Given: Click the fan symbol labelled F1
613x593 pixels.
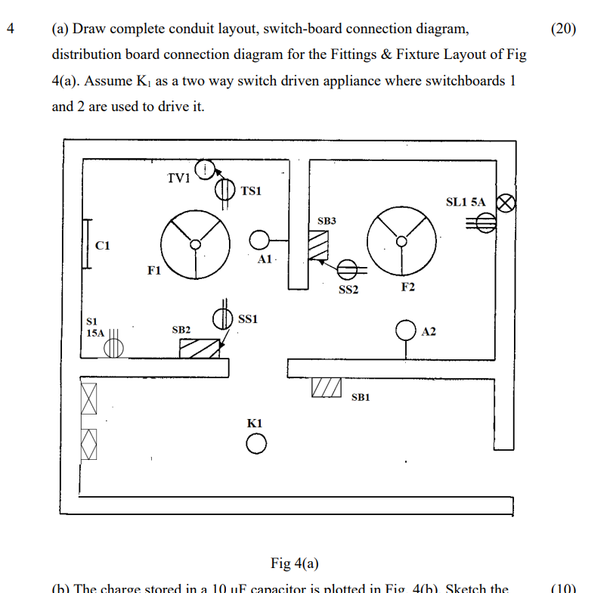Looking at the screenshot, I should click(195, 244).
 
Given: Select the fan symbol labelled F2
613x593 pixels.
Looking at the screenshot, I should click(401, 241).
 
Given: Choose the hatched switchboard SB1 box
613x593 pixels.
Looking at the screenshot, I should click(326, 387).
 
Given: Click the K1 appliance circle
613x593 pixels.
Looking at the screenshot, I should click(255, 445).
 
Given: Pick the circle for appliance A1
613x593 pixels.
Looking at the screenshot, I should click(259, 240).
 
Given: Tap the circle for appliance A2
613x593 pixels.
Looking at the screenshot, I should click(407, 331).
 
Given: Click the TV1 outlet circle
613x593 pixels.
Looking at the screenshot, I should click(204, 169).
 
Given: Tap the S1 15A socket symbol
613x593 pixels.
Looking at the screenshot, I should click(113, 346).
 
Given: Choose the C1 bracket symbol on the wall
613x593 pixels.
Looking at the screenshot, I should click(88, 244).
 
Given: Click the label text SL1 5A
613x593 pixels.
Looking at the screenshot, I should click(466, 202).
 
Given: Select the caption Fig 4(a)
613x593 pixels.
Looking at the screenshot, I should click(295, 564).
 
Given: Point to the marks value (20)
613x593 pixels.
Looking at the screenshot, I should click(563, 29).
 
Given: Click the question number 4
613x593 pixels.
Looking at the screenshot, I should click(10, 29).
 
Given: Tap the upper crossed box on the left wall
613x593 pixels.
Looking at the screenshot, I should click(89, 398).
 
